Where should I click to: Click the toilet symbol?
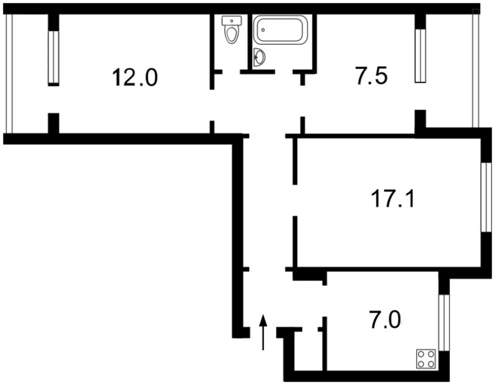click(232, 30)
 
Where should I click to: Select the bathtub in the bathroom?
click(281, 30)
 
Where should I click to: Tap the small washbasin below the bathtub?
click(259, 57)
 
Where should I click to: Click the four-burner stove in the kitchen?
click(426, 359)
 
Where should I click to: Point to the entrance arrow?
click(263, 332)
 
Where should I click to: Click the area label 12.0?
click(135, 77)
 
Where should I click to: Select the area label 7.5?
click(371, 76)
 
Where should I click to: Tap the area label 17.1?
click(393, 198)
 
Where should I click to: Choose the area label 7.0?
click(385, 320)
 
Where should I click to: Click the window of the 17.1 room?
click(486, 197)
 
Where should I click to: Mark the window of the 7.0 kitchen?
click(444, 323)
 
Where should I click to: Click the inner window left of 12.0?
click(53, 57)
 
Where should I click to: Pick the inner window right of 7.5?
click(420, 56)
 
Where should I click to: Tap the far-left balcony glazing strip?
click(9, 73)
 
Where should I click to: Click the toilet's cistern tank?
click(232, 21)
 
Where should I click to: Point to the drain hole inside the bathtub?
click(263, 30)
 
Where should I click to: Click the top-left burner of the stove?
click(421, 354)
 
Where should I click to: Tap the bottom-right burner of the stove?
click(431, 364)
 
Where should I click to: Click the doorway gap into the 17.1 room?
click(295, 200)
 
